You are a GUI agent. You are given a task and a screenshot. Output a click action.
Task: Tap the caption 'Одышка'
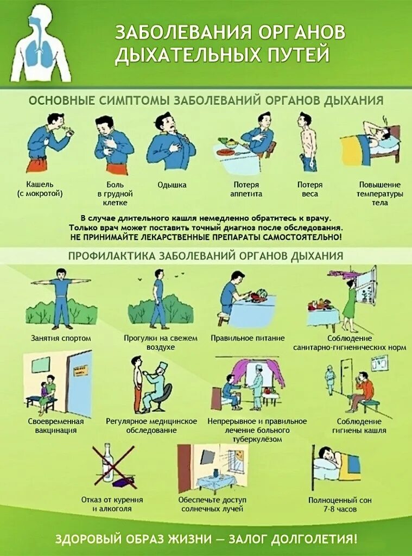[172, 185]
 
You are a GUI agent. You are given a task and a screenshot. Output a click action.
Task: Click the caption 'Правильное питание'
[248, 338]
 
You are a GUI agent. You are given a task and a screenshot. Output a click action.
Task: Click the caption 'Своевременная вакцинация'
[56, 426]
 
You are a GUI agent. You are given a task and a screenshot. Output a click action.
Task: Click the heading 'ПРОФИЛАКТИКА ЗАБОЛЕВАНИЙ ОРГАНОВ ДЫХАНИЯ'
[206, 255]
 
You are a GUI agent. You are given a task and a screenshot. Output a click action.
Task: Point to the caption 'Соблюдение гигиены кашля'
[359, 426]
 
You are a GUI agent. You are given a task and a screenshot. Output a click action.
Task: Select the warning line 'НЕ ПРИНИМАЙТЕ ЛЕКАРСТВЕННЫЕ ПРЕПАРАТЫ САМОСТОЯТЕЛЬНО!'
[206, 238]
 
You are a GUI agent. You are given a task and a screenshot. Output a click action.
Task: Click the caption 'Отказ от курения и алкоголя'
[112, 504]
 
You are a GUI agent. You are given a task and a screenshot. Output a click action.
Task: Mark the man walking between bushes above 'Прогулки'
[159, 301]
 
